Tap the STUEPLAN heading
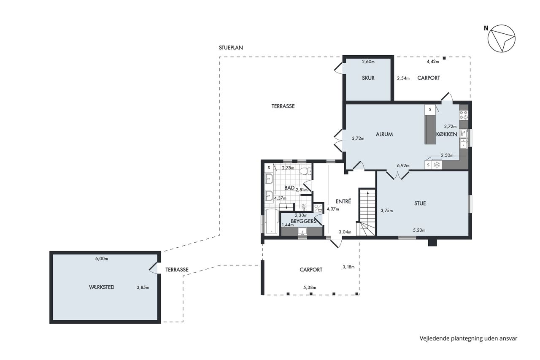(231, 48)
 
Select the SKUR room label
(368, 78)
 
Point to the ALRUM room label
(384, 134)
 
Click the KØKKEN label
(446, 134)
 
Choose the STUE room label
(420, 203)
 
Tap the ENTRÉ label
(343, 201)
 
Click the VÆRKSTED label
(102, 287)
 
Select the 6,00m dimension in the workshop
(102, 259)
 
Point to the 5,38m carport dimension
(310, 287)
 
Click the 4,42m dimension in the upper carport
(433, 62)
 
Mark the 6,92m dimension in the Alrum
(403, 166)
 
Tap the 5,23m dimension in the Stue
(419, 230)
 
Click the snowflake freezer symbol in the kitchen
(437, 165)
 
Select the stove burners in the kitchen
(464, 115)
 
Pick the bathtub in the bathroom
(272, 222)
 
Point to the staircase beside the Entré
(367, 212)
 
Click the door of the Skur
(338, 68)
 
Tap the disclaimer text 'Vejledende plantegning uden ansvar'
(468, 338)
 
